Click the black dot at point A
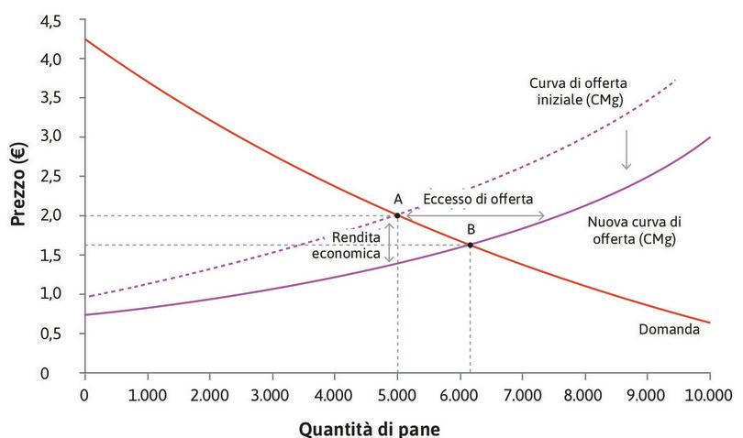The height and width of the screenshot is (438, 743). coord(397,215)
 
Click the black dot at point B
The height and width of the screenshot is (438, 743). coord(471,245)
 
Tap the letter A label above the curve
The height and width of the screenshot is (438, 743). coord(398,199)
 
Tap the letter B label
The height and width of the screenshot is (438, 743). coord(471,229)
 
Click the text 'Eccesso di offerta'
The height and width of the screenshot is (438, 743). coord(477,198)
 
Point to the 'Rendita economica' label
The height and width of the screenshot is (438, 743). coord(345,246)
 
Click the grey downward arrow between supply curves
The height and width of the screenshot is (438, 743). coord(627,149)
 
